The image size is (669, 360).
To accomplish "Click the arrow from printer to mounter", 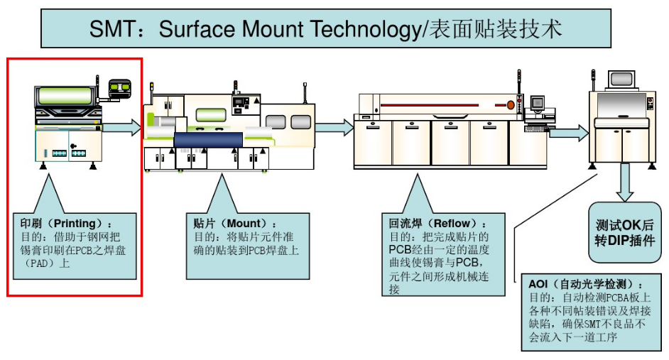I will tap(121, 128).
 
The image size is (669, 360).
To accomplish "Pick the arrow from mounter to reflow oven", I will tap(334, 128).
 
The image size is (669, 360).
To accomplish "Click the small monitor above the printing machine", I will tap(120, 89).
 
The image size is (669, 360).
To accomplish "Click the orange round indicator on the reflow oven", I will tap(510, 105).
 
